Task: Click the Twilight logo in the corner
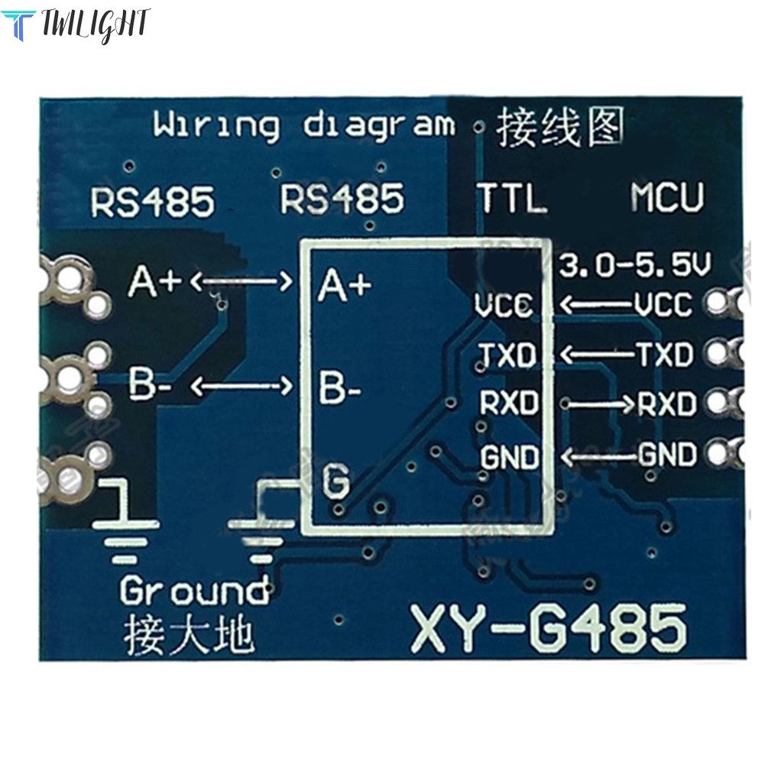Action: [75, 25]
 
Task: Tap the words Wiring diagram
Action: [303, 125]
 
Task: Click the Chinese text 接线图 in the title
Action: [560, 127]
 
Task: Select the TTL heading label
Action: [511, 198]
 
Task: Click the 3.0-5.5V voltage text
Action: [635, 265]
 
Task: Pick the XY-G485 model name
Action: [549, 629]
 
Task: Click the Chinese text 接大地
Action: [188, 635]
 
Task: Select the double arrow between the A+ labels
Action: [241, 281]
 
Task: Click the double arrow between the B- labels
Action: [241, 387]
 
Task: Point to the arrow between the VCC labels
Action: [596, 305]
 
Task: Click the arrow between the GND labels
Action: [599, 457]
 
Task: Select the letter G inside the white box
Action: [336, 480]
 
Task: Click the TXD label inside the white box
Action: [507, 355]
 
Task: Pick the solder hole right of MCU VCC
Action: [718, 303]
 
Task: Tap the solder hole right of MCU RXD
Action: [718, 403]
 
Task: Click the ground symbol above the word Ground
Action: [126, 521]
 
